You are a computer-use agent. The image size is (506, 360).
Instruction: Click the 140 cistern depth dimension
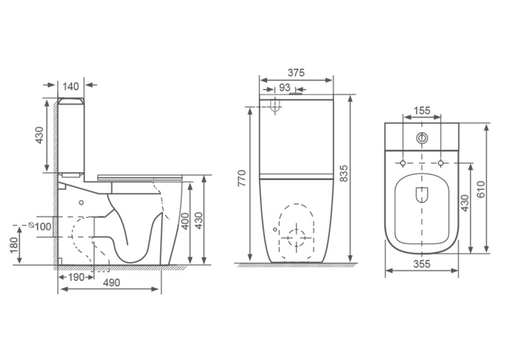(x=71, y=87)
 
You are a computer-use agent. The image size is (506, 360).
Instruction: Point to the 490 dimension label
(x=112, y=283)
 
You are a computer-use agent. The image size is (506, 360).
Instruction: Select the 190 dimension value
(x=76, y=277)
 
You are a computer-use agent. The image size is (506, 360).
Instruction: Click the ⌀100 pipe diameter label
(x=40, y=227)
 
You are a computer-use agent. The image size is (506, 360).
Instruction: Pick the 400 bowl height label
(x=185, y=221)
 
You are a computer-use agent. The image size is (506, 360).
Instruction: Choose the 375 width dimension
(x=296, y=73)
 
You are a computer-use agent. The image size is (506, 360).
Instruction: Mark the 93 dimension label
(x=284, y=87)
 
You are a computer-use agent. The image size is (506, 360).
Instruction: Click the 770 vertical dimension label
(x=242, y=178)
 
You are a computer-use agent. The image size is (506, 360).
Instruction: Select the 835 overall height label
(x=344, y=173)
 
